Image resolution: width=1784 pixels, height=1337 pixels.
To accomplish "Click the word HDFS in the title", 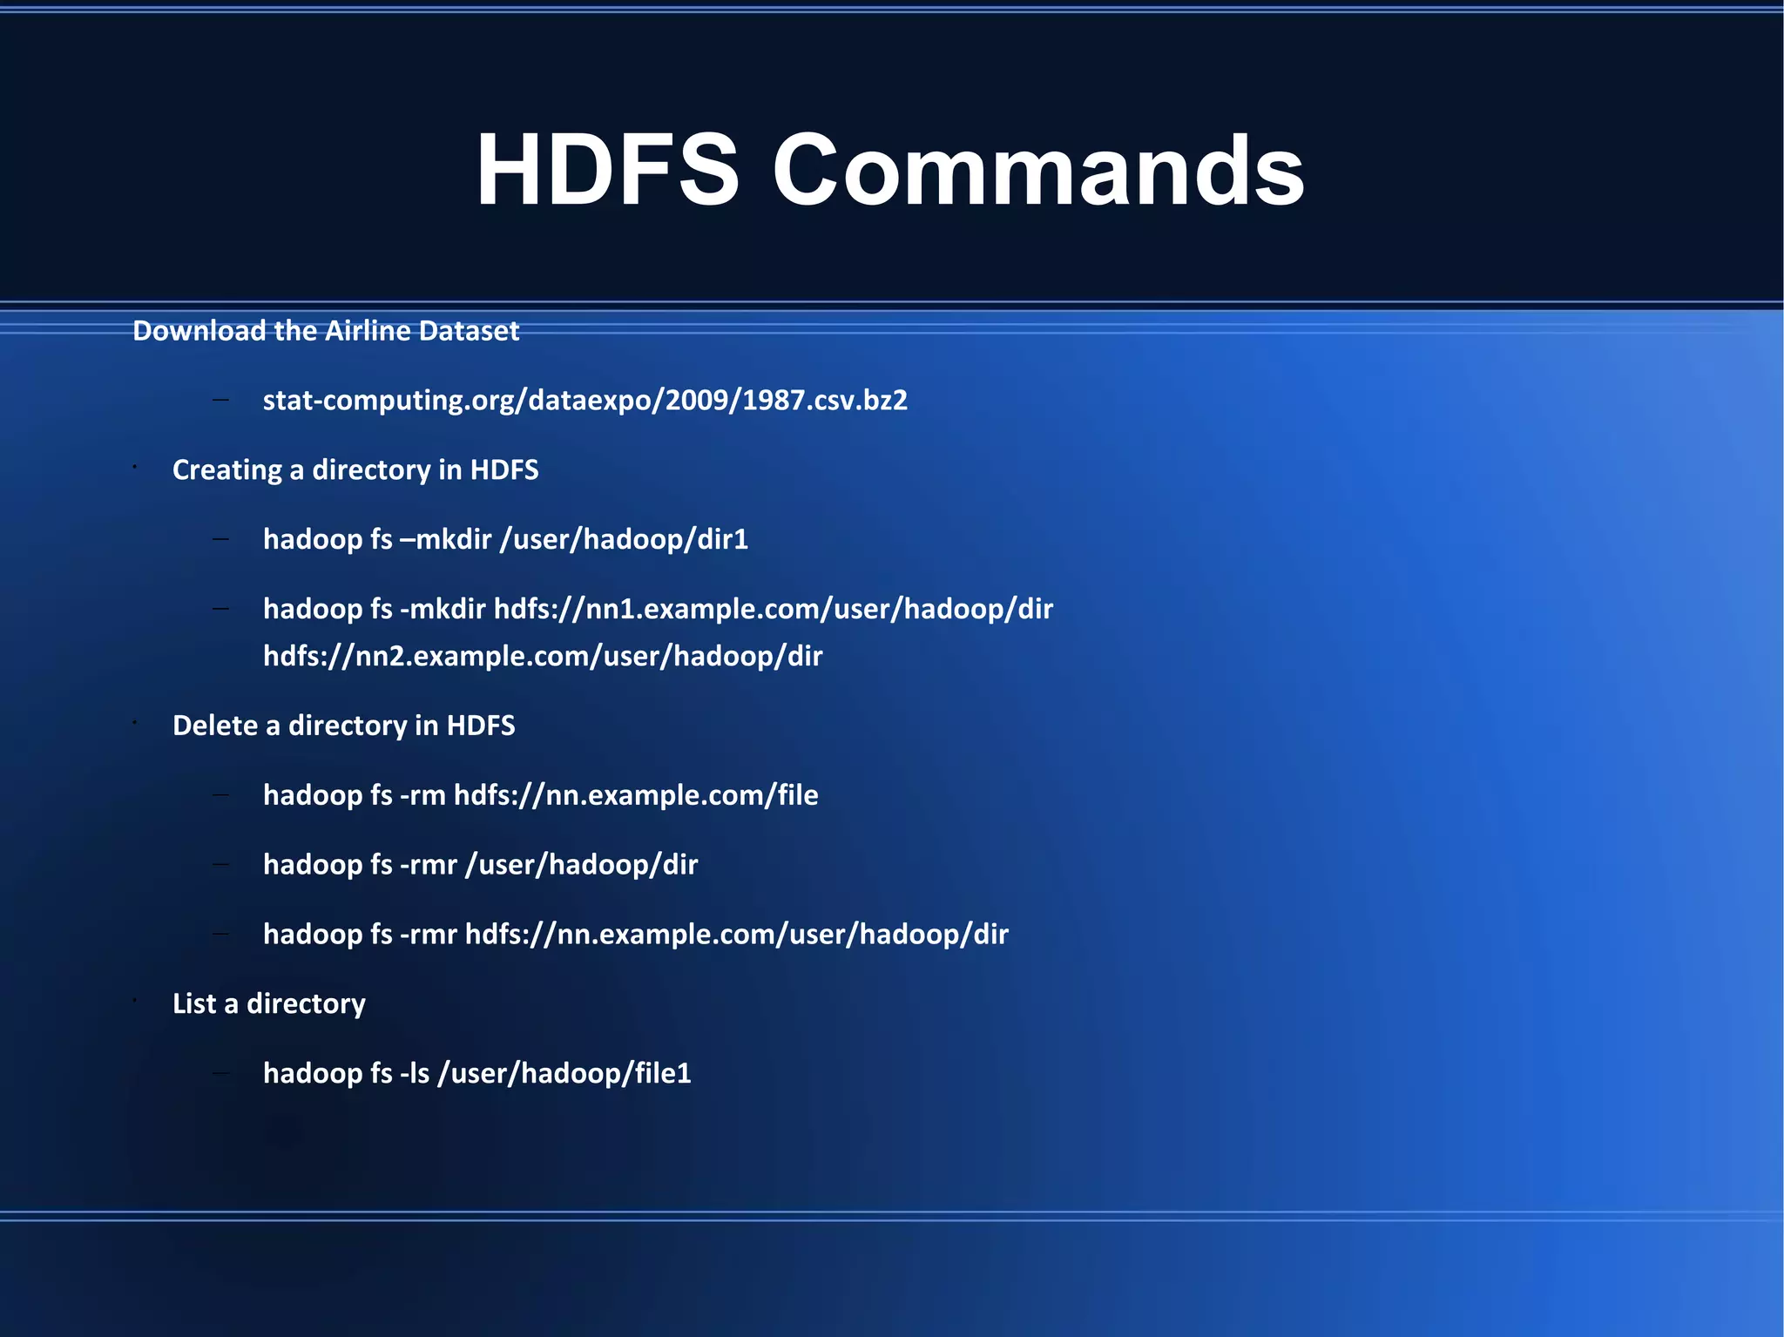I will pyautogui.click(x=607, y=170).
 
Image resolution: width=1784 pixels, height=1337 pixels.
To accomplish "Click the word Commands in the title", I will pyautogui.click(x=1037, y=170).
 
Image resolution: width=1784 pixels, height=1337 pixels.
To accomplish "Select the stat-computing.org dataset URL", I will pyautogui.click(x=585, y=400).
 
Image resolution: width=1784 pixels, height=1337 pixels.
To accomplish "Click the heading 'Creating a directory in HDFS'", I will pyautogui.click(x=355, y=469).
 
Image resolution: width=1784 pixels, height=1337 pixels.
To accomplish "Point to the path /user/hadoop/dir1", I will pyautogui.click(x=624, y=539).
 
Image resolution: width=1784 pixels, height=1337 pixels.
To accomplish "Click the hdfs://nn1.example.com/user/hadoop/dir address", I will pyautogui.click(x=774, y=608).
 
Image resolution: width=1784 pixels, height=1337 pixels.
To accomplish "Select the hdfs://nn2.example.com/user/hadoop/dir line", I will pyautogui.click(x=543, y=655).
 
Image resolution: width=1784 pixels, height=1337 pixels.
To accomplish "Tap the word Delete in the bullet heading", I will pyautogui.click(x=215, y=726).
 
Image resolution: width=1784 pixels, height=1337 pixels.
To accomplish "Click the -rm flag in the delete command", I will pyautogui.click(x=422, y=795).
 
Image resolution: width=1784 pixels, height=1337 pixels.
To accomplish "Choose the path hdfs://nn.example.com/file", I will pyautogui.click(x=636, y=795).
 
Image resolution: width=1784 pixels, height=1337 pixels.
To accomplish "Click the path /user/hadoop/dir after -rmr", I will pyautogui.click(x=582, y=865).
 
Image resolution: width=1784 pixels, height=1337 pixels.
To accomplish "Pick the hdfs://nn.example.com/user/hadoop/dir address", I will pyautogui.click(x=736, y=934).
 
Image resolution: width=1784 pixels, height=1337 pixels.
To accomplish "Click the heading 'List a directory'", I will pyautogui.click(x=268, y=1003).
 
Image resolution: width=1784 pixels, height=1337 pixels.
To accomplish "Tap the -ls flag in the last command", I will pyautogui.click(x=415, y=1073).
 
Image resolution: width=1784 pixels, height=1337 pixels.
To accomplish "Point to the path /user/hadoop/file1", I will pyautogui.click(x=564, y=1073).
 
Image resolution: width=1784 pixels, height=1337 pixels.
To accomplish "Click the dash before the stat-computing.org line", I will pyautogui.click(x=220, y=400).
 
